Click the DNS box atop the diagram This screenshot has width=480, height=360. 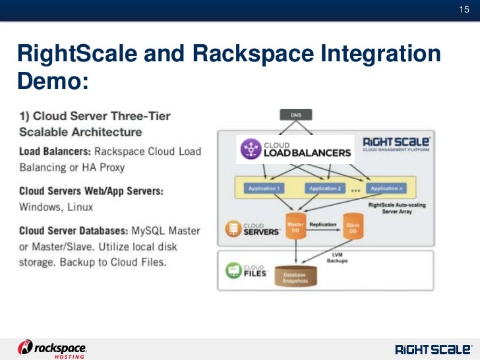(297, 115)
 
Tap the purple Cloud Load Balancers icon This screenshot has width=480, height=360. (250, 149)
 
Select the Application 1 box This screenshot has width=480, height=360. (264, 189)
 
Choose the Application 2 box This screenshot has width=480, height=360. (324, 189)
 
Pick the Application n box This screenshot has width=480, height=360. (384, 189)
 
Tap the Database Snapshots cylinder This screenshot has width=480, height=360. (297, 277)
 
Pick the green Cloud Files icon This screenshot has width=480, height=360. (231, 270)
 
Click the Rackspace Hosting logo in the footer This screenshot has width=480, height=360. (52, 348)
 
